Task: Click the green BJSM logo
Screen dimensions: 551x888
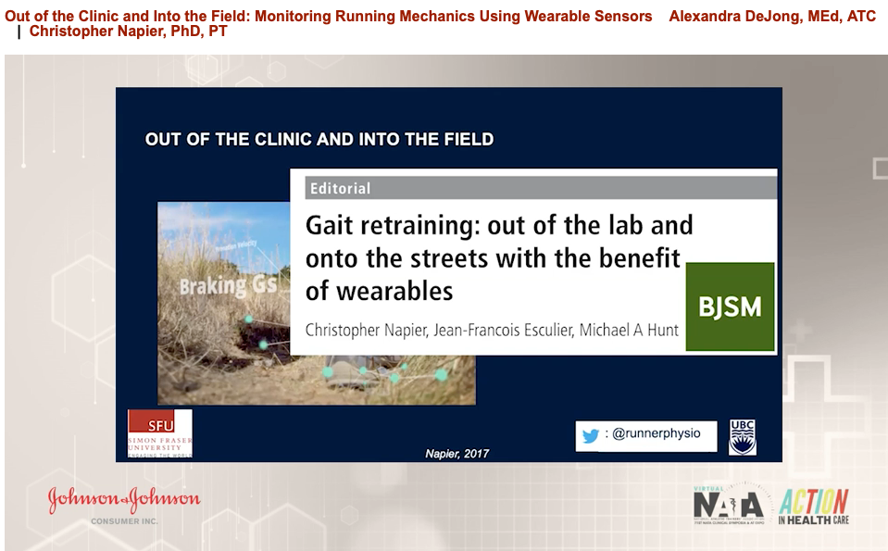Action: point(730,307)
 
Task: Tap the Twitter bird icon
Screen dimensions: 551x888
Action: point(591,435)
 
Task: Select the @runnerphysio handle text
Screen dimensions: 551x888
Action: point(656,433)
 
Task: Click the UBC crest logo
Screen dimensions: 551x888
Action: point(743,436)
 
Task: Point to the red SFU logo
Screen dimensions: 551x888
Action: point(159,432)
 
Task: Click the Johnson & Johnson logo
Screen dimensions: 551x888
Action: point(124,499)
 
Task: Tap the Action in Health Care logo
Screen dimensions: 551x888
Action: point(813,506)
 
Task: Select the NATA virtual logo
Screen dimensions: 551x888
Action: point(729,506)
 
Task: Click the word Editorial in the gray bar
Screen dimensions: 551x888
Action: point(340,188)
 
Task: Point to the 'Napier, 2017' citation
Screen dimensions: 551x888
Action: point(457,453)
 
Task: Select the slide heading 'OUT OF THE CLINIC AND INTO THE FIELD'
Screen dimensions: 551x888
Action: point(319,140)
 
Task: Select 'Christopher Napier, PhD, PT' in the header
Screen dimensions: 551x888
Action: point(128,31)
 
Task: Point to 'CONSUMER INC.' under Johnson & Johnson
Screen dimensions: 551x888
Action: point(124,521)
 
